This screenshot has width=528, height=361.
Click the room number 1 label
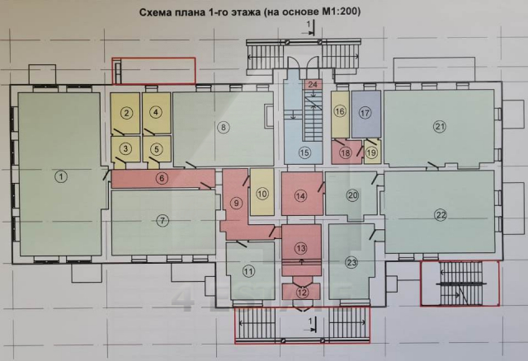click(59, 176)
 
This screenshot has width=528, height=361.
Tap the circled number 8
click(223, 127)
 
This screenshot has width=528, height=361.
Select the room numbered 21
click(440, 125)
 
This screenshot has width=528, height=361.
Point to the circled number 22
click(441, 214)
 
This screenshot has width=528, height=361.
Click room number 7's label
click(163, 220)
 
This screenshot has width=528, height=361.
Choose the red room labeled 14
click(301, 195)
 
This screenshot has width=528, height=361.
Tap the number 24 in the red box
click(312, 85)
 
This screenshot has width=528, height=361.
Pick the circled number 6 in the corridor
click(163, 178)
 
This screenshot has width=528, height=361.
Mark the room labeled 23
click(352, 263)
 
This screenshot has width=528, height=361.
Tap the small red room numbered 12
click(301, 291)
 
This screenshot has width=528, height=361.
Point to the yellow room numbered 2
click(126, 113)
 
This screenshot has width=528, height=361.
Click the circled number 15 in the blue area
click(304, 152)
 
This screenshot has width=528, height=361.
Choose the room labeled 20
click(352, 195)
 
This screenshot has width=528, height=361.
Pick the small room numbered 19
click(371, 152)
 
